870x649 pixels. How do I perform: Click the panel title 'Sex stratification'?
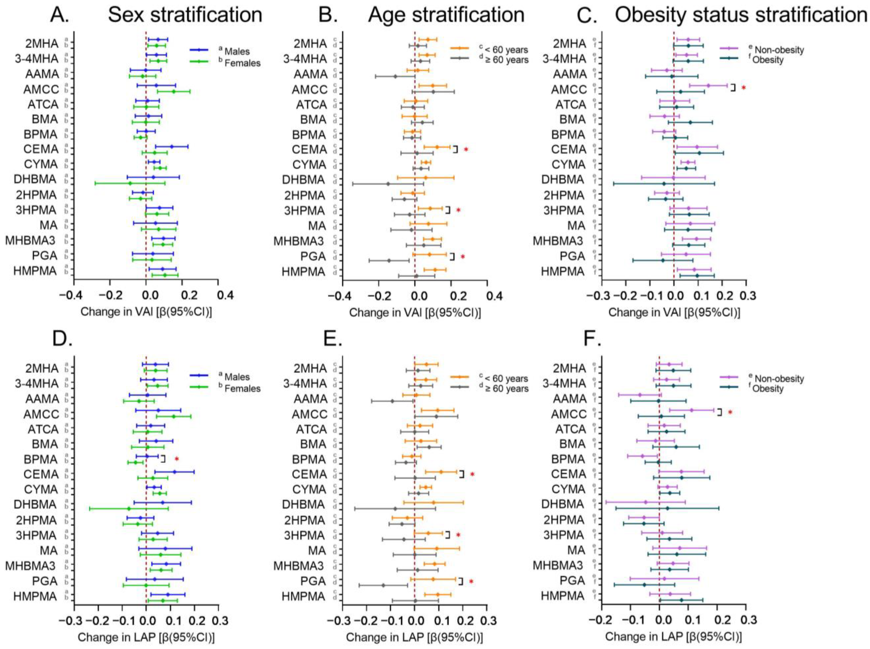[185, 15]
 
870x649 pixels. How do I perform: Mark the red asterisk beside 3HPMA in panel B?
[458, 210]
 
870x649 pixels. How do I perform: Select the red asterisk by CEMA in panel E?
[472, 475]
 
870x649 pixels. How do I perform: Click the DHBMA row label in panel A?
[35, 179]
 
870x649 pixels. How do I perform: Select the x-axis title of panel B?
[415, 313]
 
